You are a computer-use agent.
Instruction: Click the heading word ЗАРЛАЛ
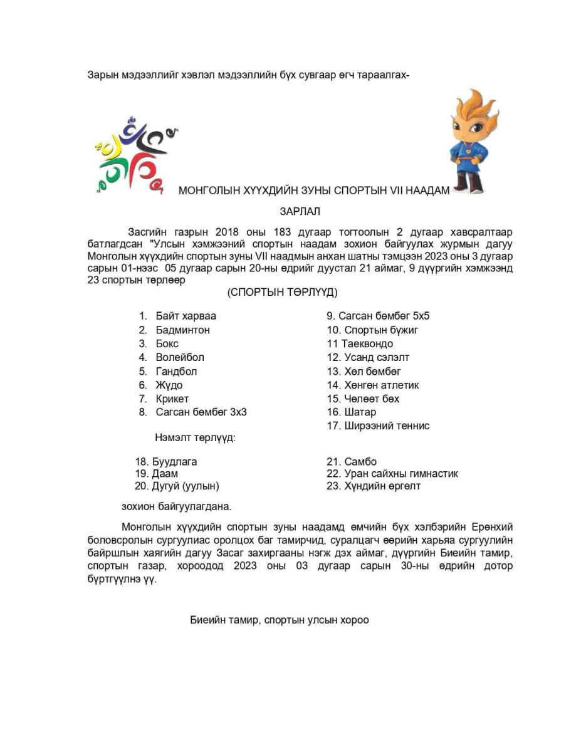pyautogui.click(x=300, y=212)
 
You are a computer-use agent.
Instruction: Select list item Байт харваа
pyautogui.click(x=186, y=316)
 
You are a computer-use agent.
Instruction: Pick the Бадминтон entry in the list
pyautogui.click(x=182, y=330)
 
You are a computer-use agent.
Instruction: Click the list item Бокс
pyautogui.click(x=167, y=343)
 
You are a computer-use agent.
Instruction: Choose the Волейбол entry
pyautogui.click(x=180, y=357)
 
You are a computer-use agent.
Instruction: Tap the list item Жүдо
pyautogui.click(x=169, y=385)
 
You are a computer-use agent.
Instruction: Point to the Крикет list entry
pyautogui.click(x=172, y=399)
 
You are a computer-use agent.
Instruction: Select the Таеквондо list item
pyautogui.click(x=367, y=343)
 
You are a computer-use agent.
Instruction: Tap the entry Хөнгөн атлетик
pyautogui.click(x=381, y=385)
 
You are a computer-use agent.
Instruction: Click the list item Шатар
pyautogui.click(x=360, y=412)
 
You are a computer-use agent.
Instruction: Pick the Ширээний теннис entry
pyautogui.click(x=386, y=426)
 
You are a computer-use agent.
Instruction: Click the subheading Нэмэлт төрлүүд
pyautogui.click(x=195, y=437)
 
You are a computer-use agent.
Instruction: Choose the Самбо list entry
pyautogui.click(x=360, y=462)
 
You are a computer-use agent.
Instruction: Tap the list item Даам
pyautogui.click(x=164, y=474)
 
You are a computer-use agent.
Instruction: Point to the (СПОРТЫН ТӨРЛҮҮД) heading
pyautogui.click(x=283, y=292)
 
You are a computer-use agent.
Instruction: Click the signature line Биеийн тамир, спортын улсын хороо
pyautogui.click(x=280, y=620)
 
